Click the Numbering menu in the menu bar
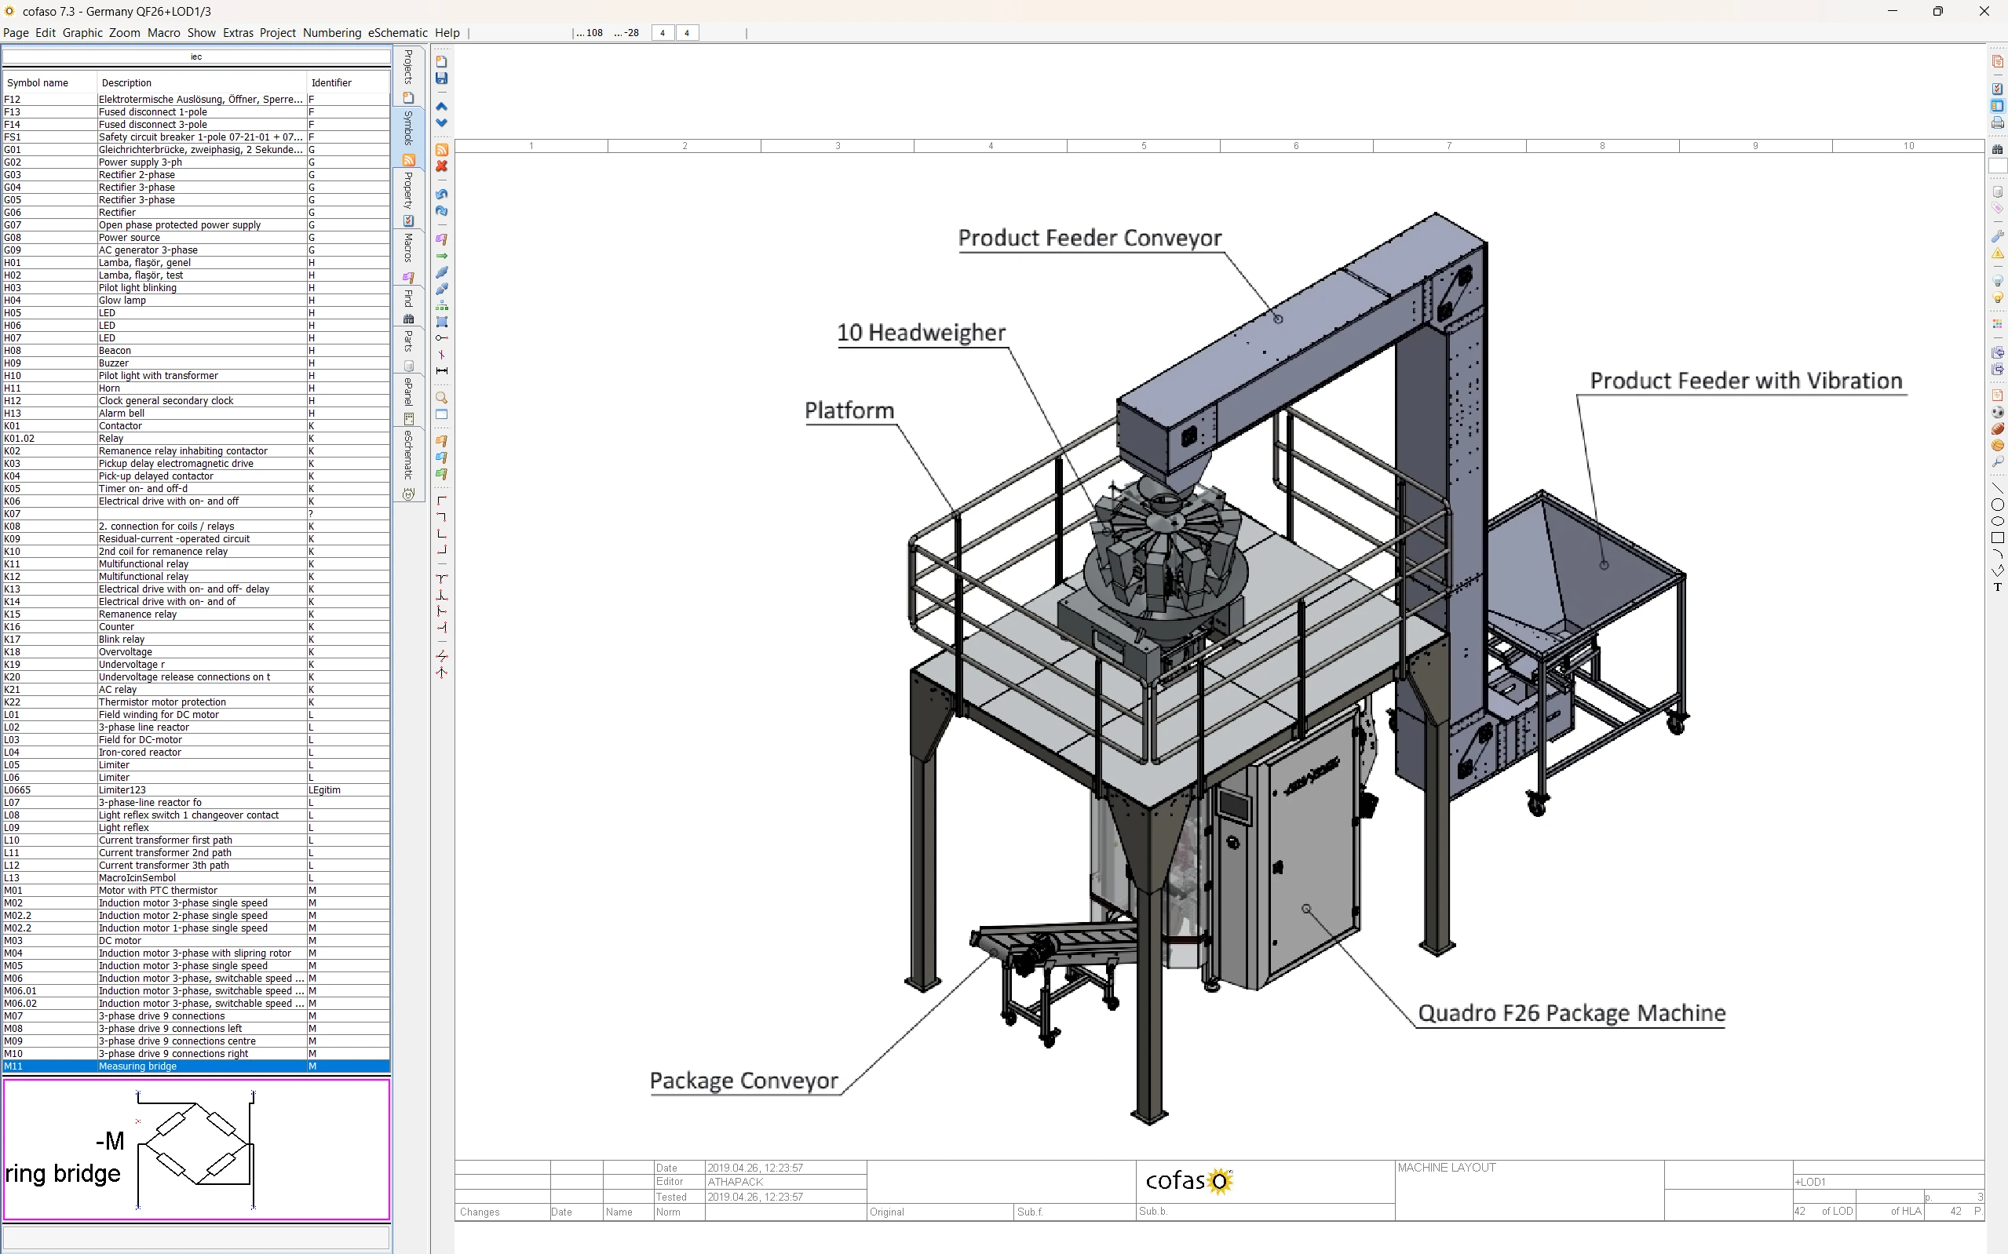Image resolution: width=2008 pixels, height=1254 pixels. pos(331,33)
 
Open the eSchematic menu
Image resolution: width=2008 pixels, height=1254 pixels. pos(397,33)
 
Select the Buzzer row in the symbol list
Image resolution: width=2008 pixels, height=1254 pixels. pos(114,363)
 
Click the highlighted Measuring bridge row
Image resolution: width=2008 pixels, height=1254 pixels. pos(137,1066)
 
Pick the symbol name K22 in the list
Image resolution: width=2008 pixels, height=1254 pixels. pos(13,702)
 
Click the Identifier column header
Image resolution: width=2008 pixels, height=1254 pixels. pos(331,83)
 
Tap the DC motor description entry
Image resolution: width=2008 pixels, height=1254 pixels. pos(119,940)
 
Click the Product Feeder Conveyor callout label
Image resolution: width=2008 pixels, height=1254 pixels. pos(1089,238)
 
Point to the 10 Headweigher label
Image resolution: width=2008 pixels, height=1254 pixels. pos(921,333)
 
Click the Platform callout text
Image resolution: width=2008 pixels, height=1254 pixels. pos(849,410)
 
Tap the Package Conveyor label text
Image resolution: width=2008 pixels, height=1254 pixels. pos(743,1081)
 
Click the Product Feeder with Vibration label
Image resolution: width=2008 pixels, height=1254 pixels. pos(1745,381)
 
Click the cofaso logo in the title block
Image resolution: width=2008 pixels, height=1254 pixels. pos(1188,1180)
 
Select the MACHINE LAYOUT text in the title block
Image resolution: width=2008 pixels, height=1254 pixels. pos(1446,1168)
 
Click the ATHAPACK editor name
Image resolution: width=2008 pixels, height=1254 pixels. pos(734,1182)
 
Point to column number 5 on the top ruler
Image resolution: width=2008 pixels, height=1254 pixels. pos(1143,146)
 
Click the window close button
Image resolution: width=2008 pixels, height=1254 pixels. pos(1984,12)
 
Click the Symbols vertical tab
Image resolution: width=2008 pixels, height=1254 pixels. pos(408,129)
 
